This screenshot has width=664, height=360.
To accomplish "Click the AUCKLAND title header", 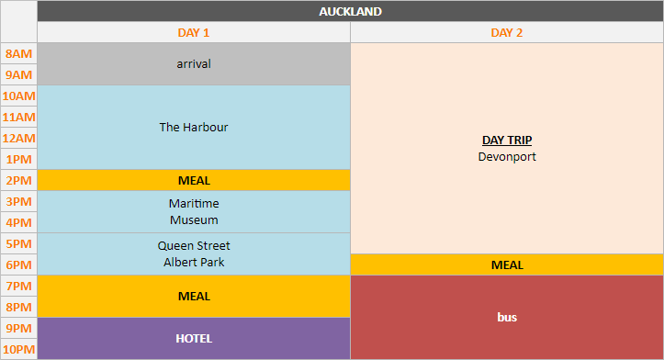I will pyautogui.click(x=350, y=11).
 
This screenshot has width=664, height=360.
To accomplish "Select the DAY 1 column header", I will pyautogui.click(x=194, y=32).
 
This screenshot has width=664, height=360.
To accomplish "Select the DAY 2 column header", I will pyautogui.click(x=507, y=32).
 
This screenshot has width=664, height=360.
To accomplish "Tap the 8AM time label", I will pyautogui.click(x=18, y=53).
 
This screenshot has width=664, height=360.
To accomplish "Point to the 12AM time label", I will pyautogui.click(x=18, y=138).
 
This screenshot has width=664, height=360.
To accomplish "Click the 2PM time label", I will pyautogui.click(x=18, y=180).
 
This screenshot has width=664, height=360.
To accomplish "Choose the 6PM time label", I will pyautogui.click(x=18, y=264).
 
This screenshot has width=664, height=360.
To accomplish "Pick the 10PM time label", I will pyautogui.click(x=18, y=349).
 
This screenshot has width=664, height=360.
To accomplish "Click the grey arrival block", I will pyautogui.click(x=194, y=63).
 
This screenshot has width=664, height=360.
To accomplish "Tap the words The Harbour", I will pyautogui.click(x=194, y=127).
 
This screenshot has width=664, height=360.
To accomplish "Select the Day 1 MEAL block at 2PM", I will pyautogui.click(x=194, y=180).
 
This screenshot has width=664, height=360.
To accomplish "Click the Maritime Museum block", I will pyautogui.click(x=194, y=211).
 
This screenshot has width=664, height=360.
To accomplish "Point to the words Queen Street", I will pyautogui.click(x=194, y=245).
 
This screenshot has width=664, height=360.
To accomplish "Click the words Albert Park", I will pyautogui.click(x=194, y=263).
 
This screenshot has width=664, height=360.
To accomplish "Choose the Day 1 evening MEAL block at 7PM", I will pyautogui.click(x=194, y=296).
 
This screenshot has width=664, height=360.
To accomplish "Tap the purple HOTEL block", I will pyautogui.click(x=194, y=338).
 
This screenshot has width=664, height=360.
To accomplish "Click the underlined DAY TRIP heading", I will pyautogui.click(x=507, y=141).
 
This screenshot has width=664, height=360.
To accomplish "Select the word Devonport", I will pyautogui.click(x=507, y=157).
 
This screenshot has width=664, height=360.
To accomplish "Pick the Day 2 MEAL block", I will pyautogui.click(x=507, y=264).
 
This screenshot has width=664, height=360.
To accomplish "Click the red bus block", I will pyautogui.click(x=507, y=317).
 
